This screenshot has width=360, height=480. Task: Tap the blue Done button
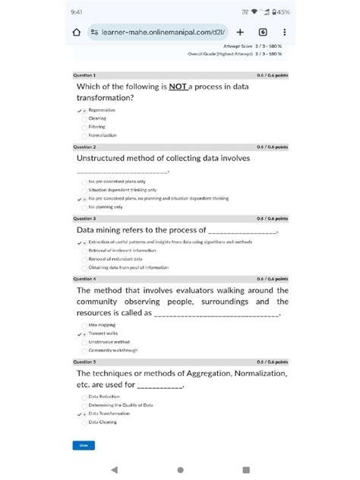[x=84, y=445]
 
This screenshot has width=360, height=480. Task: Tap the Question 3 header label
[x=84, y=219]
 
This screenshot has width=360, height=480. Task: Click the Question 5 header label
[x=84, y=362]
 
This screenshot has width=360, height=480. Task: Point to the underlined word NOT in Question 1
[x=178, y=87]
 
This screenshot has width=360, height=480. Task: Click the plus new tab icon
[x=240, y=33]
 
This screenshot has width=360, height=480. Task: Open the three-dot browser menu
[x=284, y=33]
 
